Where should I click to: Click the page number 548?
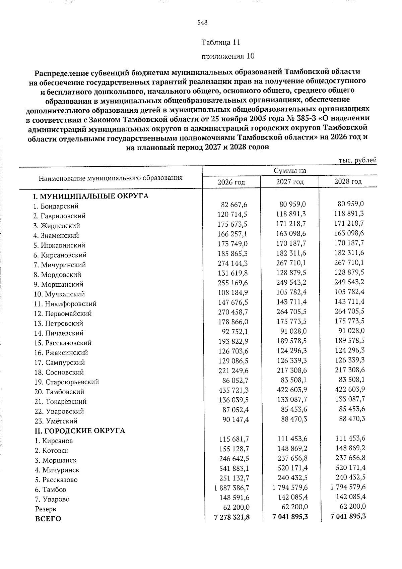(x=203, y=23)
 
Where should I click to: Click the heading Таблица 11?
(x=221, y=43)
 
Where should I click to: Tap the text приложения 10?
(x=227, y=56)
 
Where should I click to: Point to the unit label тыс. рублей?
(x=358, y=160)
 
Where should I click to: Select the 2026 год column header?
(x=231, y=182)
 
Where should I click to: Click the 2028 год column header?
(x=348, y=181)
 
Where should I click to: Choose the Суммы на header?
(x=290, y=171)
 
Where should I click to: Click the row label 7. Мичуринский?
(x=60, y=265)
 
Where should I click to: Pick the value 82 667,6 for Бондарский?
(x=234, y=205)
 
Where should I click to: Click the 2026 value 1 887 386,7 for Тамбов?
(x=232, y=488)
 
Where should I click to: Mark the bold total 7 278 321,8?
(x=232, y=517)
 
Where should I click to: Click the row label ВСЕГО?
(x=48, y=519)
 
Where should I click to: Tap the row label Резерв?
(x=46, y=509)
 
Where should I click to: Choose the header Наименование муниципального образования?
(x=111, y=178)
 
